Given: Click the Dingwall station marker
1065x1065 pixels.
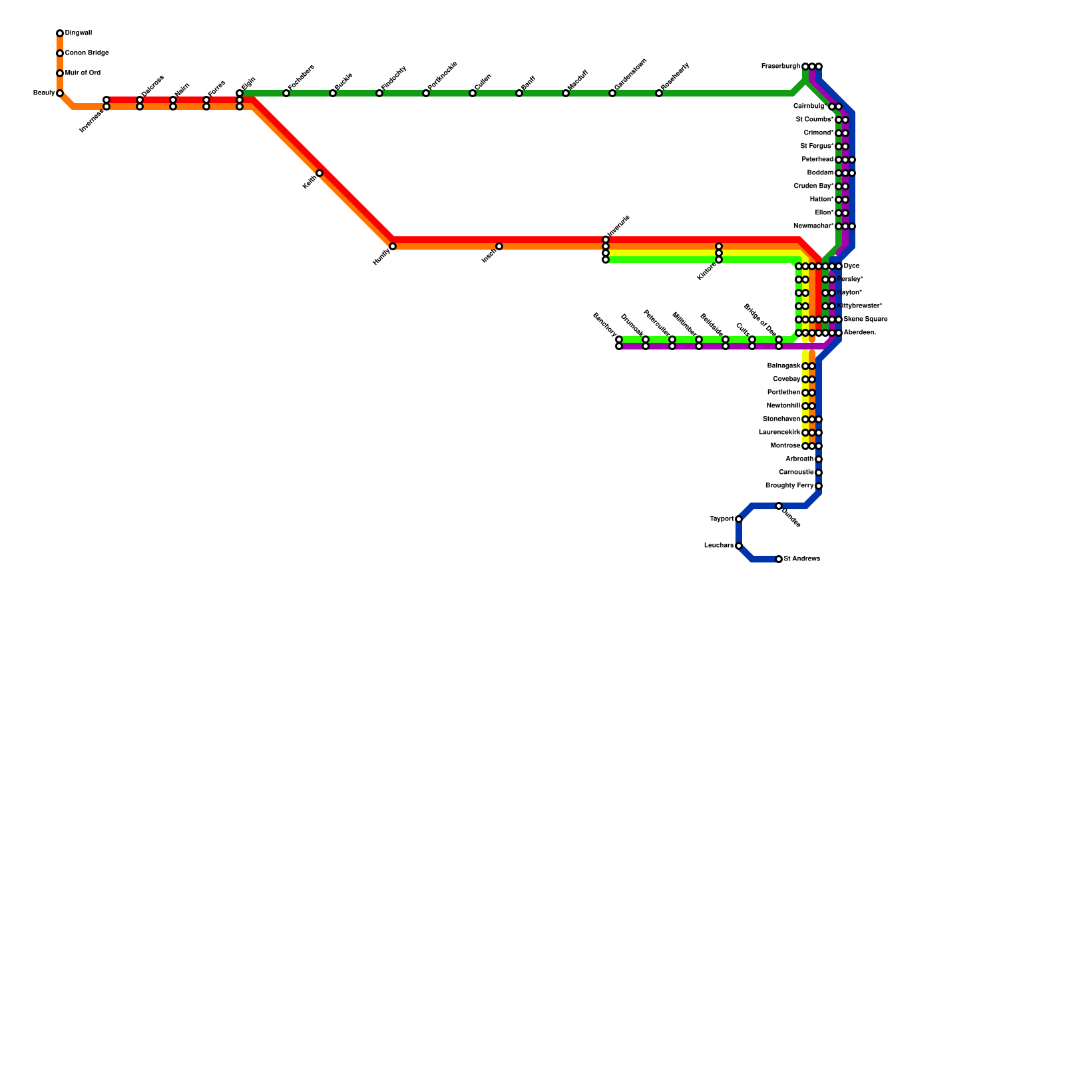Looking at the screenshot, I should coord(60,33).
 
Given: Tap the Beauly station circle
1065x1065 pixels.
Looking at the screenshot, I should coord(60,93).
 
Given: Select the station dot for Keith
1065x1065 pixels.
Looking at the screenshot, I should coord(319,173).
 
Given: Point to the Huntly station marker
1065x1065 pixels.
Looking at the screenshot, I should coord(393,246).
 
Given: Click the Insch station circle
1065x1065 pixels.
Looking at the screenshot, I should coord(499,246).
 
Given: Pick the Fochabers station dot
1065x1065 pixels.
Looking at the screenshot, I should coord(286,93).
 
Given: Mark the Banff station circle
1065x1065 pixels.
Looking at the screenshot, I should coord(519,93).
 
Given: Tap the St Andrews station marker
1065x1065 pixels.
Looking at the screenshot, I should coord(779,559).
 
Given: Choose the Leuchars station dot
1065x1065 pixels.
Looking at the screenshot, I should coord(739,546).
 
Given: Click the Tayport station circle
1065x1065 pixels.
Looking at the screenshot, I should coord(739,519).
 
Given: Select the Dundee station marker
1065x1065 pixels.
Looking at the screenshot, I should coord(779,506).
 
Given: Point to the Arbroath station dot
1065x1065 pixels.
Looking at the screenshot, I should coord(819,459).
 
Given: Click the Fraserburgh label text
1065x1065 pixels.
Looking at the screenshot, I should coord(780,67).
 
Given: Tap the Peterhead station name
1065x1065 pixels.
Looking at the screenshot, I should coord(817,160).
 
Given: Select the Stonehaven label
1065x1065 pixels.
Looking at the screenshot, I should coord(781,419).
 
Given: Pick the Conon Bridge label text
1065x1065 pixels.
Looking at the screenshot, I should coord(87,53).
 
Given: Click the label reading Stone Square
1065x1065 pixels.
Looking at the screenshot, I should coord(865,319).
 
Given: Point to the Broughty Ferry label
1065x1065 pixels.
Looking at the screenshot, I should coord(789,486).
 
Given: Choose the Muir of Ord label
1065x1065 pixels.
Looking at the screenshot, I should coord(83,73).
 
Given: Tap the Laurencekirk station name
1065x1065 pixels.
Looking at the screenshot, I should coord(779,433).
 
